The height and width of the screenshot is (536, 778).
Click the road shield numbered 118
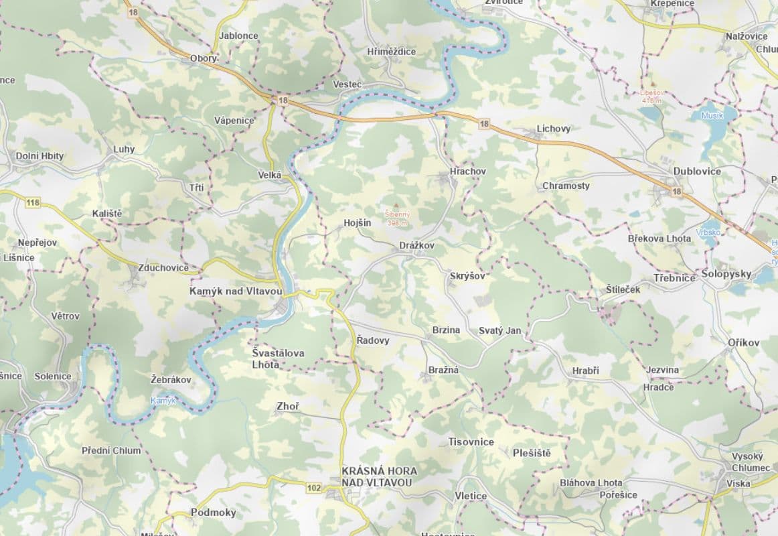(x=32, y=202)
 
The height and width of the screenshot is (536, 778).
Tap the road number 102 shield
(x=314, y=488)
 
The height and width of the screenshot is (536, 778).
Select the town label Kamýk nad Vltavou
(x=236, y=292)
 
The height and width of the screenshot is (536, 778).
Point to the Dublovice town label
(x=697, y=172)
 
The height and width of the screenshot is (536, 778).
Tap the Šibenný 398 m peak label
(x=397, y=218)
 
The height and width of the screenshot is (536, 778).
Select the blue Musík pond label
(x=712, y=115)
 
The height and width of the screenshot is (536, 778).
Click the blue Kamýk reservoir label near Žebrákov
(x=163, y=401)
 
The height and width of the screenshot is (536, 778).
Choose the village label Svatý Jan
(x=499, y=331)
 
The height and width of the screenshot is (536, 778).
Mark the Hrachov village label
(x=468, y=172)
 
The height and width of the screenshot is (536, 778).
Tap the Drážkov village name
(x=416, y=246)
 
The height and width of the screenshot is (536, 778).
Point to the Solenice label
(x=53, y=376)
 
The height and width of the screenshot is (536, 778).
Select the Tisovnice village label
(x=471, y=442)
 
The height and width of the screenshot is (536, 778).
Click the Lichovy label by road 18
(x=554, y=129)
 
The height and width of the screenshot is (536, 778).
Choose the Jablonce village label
(x=238, y=36)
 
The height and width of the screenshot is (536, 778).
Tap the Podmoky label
(x=214, y=513)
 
